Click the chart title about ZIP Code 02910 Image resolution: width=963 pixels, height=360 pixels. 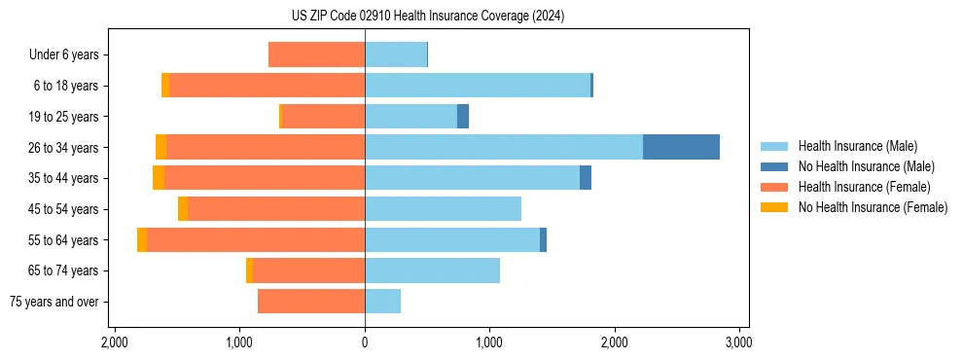(481, 16)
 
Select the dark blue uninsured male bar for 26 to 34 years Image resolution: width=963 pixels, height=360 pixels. (681, 147)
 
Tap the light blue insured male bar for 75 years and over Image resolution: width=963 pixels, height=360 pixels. (382, 302)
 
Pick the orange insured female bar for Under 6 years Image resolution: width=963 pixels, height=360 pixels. (316, 54)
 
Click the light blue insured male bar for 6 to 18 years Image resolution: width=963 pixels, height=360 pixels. (478, 86)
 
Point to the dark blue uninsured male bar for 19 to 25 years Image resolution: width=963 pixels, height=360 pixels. (463, 117)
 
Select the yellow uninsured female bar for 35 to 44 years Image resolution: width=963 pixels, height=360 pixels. (159, 178)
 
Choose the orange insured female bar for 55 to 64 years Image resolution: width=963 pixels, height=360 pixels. (256, 239)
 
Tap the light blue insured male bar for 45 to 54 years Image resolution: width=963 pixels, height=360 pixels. (443, 209)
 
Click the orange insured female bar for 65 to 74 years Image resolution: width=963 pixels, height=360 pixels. (308, 270)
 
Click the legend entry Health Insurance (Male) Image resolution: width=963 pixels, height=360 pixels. (857, 146)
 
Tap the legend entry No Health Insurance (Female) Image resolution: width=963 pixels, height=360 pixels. (873, 207)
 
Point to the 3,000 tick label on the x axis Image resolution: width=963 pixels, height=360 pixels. (738, 342)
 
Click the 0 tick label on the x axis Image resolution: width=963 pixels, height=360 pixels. (365, 342)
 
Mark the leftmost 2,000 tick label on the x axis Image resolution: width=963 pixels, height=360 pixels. (115, 342)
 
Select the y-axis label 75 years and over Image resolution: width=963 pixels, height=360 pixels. (54, 302)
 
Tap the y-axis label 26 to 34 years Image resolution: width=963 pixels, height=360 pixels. (65, 147)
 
